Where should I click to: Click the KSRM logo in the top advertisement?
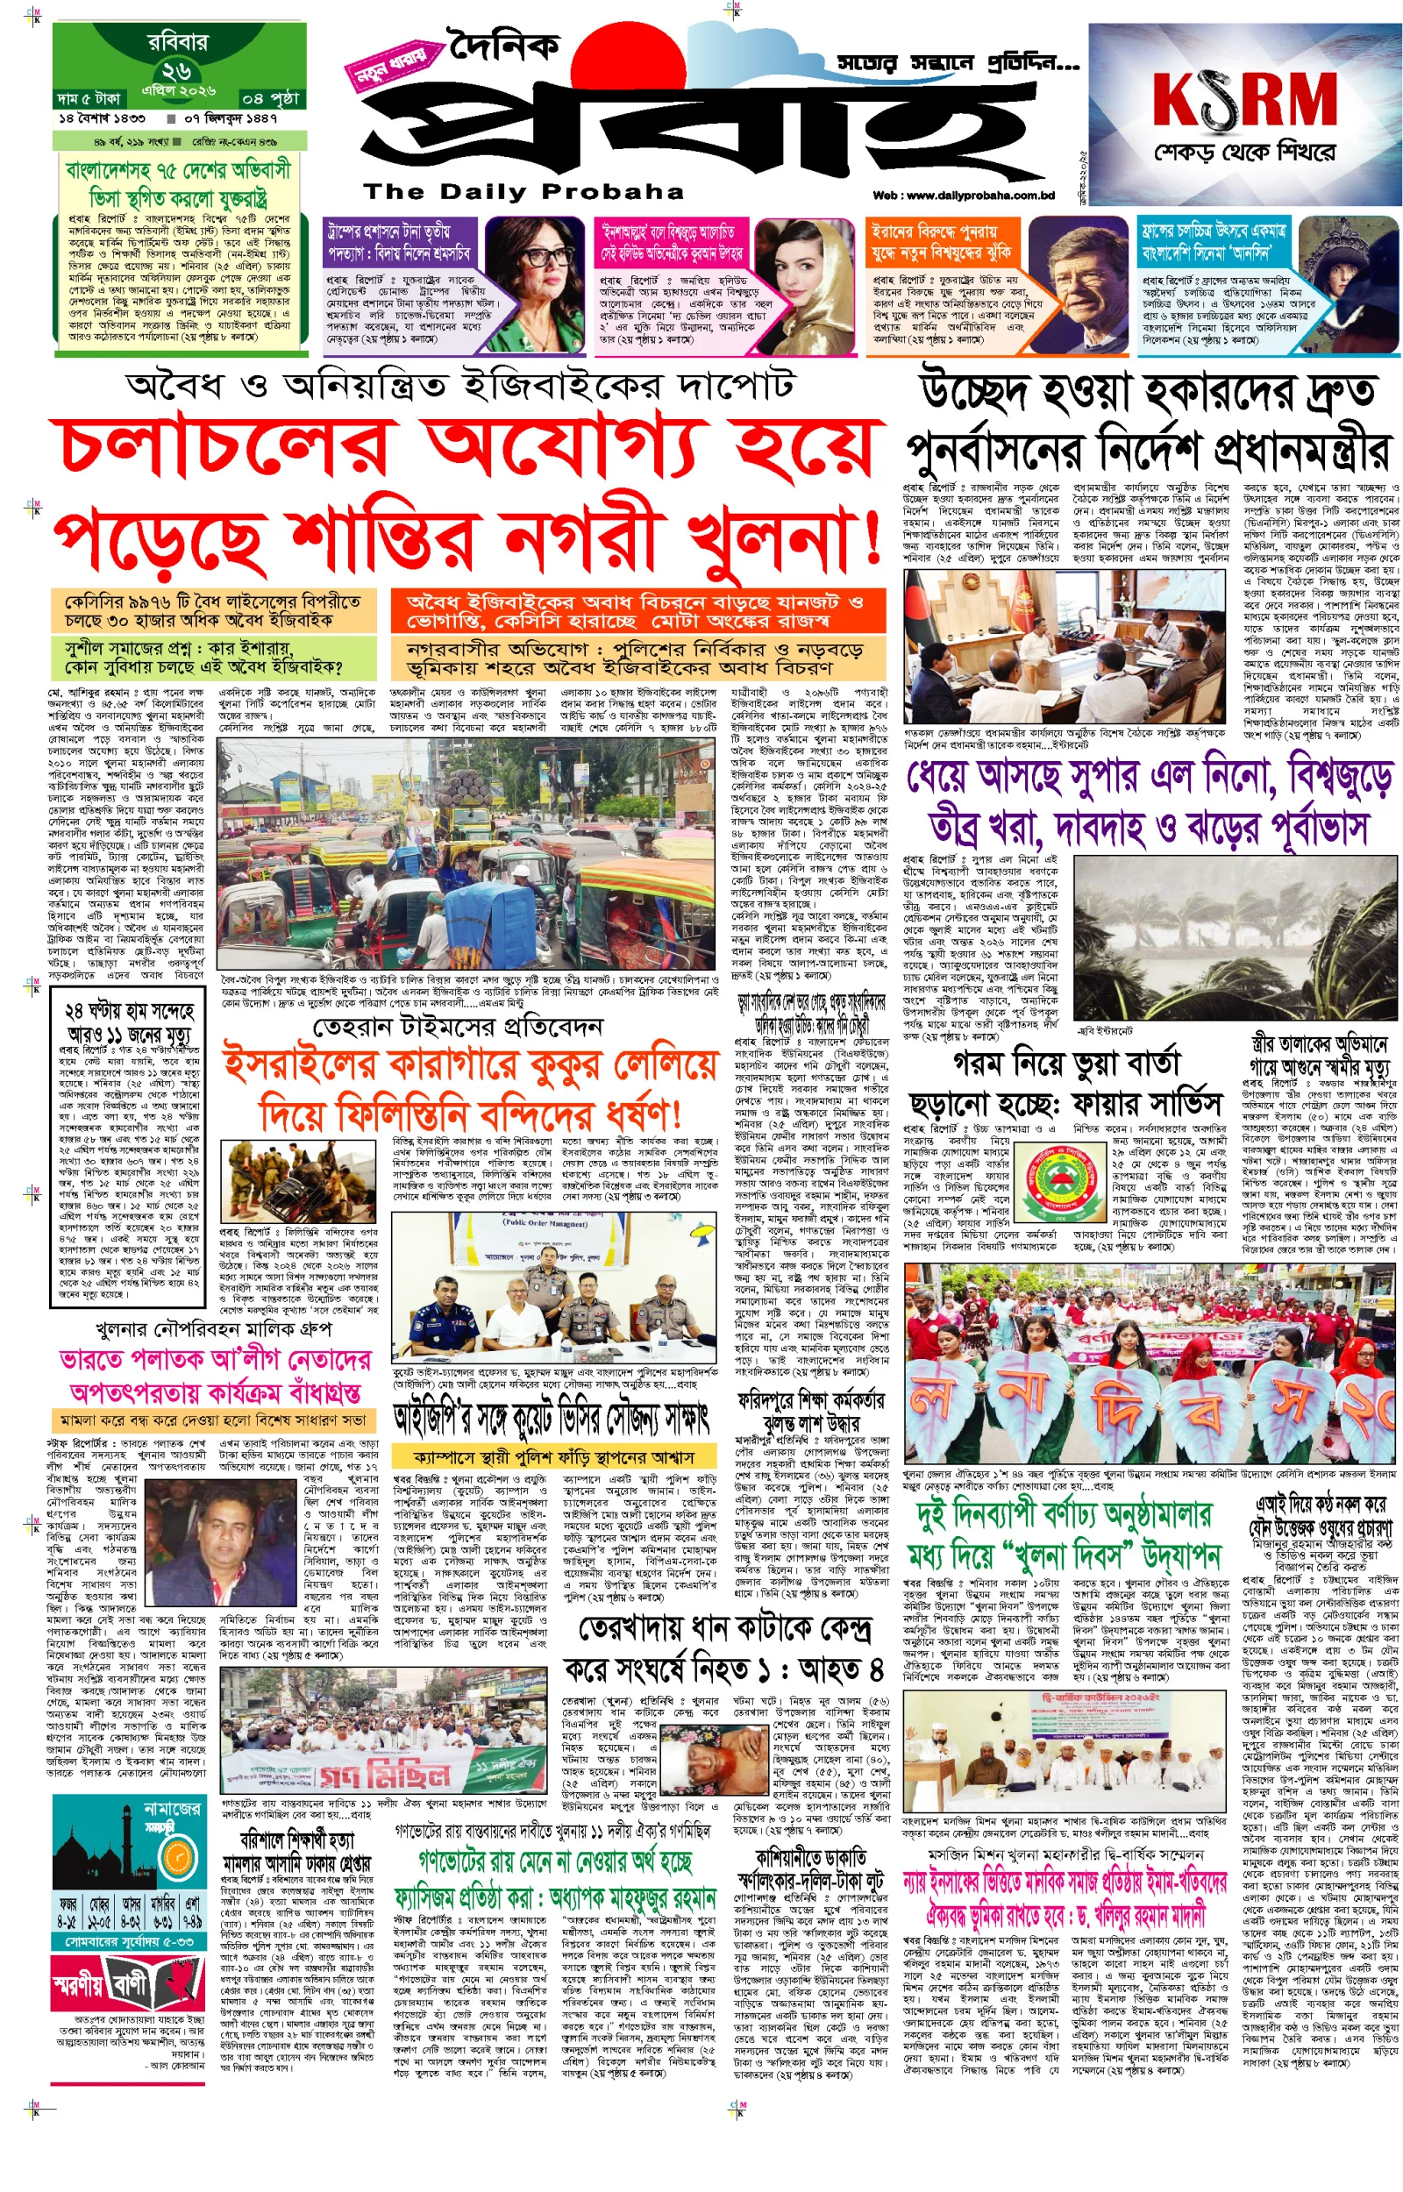[x=1243, y=98]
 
